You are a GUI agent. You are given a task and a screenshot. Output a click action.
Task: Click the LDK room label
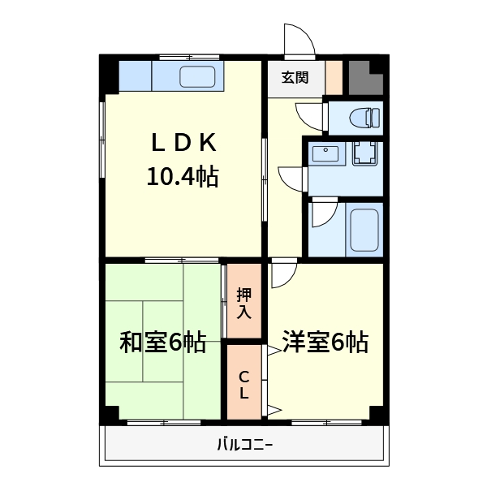point(183,143)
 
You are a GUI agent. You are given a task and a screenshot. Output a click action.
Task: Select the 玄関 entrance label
point(295,78)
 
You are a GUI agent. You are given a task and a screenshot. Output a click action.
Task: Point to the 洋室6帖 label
point(325,343)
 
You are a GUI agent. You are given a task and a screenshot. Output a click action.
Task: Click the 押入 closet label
point(244,302)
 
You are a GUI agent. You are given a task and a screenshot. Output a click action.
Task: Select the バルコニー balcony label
point(244,444)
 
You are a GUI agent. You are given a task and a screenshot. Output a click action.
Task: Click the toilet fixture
point(364,118)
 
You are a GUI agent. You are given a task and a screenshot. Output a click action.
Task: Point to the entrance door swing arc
point(297,40)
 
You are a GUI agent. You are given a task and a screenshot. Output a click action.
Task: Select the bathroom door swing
point(322,214)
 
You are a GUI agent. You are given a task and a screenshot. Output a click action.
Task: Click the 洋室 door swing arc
point(283,274)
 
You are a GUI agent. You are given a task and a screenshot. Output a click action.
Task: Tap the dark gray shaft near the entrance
point(364,76)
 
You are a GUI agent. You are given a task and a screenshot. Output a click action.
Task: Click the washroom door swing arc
point(291,177)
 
